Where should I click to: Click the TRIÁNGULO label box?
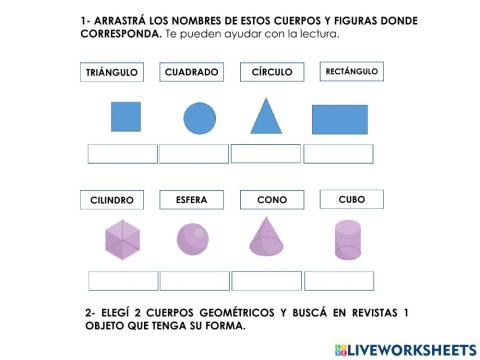[x=110, y=72]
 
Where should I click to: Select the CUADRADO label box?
[x=191, y=72]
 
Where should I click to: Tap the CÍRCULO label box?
[x=272, y=72]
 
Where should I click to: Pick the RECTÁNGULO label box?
[x=351, y=71]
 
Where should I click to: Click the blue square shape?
[x=126, y=118]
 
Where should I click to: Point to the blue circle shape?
[x=199, y=118]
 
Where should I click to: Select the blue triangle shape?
[x=266, y=117]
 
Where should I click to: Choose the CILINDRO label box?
[x=112, y=200]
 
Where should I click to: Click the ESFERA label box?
[x=191, y=200]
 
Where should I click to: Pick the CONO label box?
[x=272, y=200]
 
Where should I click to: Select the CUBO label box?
[x=351, y=200]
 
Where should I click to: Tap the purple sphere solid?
[x=192, y=239]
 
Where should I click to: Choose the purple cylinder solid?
[x=347, y=240]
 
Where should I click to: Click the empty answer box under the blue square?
[x=123, y=153]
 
